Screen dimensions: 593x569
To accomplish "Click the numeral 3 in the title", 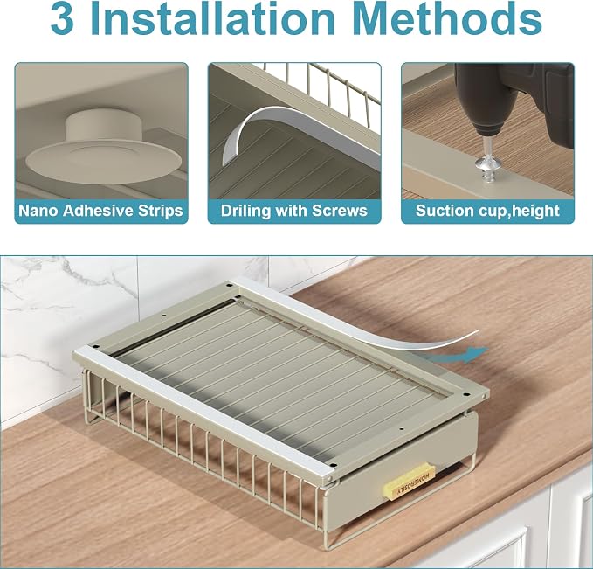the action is pos(62,19).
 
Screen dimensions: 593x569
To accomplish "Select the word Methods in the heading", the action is pos(449,19).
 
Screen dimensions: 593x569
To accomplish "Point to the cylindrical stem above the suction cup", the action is pos(101,126).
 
